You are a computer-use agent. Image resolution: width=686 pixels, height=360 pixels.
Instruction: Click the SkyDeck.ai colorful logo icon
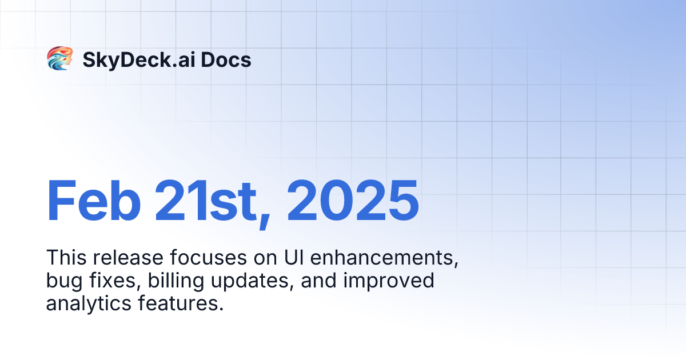[59, 59]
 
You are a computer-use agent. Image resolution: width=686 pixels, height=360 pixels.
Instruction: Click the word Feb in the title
[94, 201]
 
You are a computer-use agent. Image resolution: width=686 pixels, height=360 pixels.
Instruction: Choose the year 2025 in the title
[353, 201]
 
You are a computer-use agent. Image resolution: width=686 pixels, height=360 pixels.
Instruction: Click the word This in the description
[63, 258]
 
